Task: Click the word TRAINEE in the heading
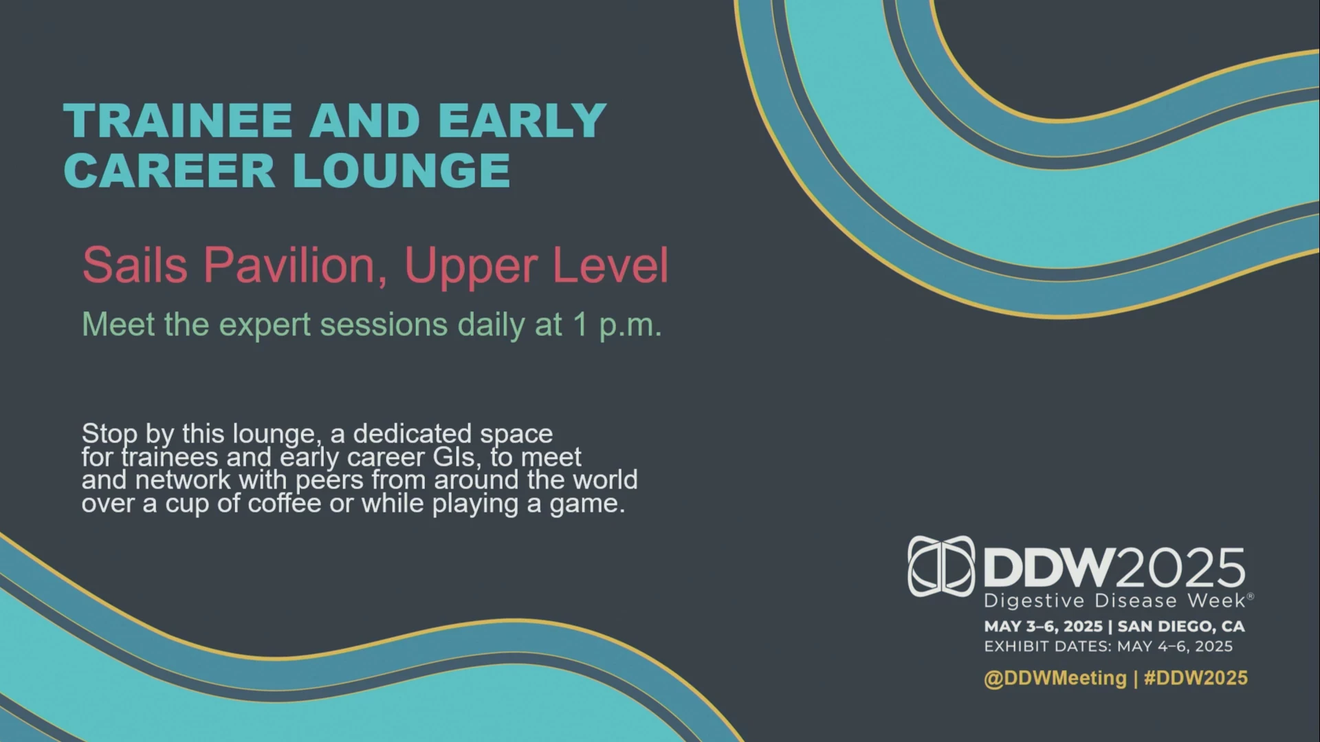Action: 178,120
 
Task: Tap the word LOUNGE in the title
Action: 401,170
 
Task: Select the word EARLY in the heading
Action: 522,120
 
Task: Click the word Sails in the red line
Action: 135,265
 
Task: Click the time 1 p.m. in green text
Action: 617,325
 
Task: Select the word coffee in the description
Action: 284,504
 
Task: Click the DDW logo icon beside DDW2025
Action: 941,566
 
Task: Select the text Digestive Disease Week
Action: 1114,600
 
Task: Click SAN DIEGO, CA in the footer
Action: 1181,627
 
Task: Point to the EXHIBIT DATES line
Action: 1108,647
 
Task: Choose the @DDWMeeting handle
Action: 1055,678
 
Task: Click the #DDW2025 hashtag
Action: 1196,678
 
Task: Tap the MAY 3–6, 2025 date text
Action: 1043,627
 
